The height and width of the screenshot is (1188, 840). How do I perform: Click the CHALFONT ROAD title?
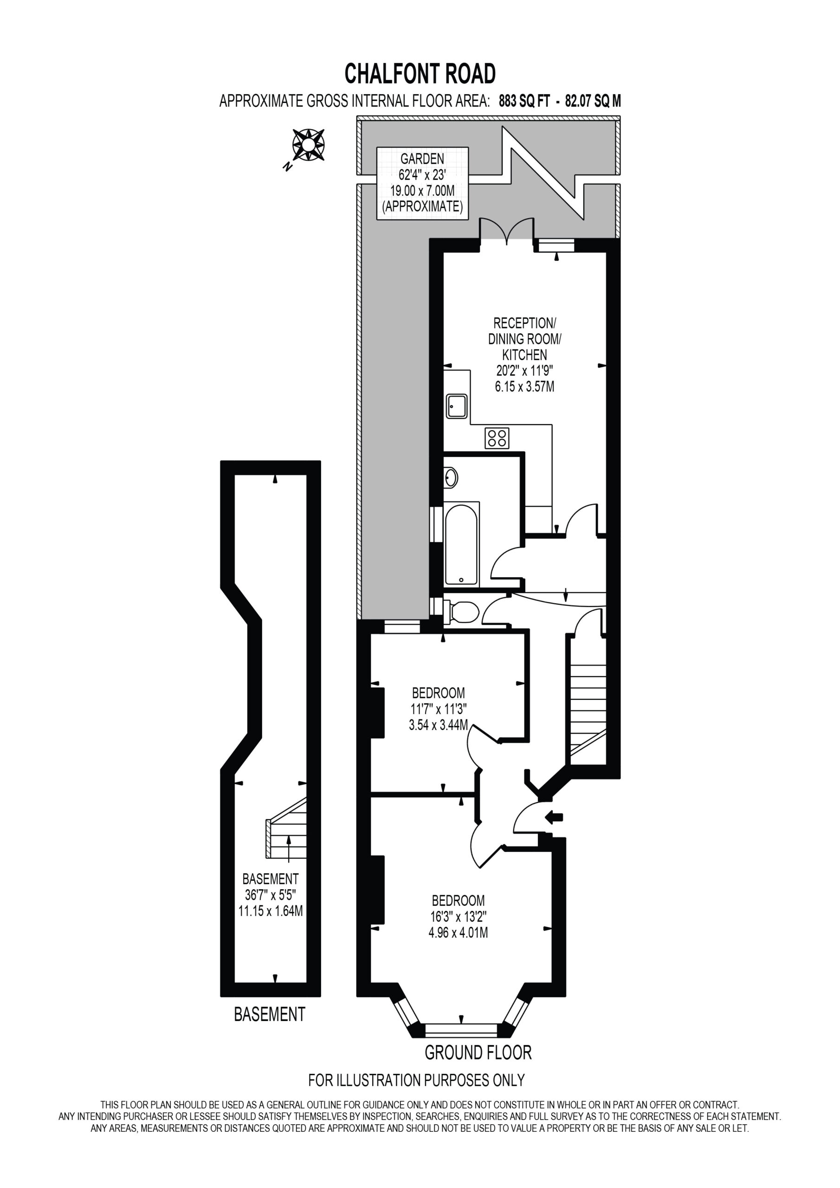coord(420,73)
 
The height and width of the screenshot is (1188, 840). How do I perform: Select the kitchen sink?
coord(456,407)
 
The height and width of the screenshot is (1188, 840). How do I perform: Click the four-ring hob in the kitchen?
coord(497,438)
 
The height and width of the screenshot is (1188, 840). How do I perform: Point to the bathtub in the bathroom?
coord(462,544)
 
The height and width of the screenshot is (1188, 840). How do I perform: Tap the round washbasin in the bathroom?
coord(451,478)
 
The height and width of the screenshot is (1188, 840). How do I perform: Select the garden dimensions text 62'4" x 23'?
coord(422,175)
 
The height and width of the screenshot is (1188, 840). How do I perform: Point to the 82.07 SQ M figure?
coord(593,101)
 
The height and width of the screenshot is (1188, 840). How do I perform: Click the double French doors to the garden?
coord(507,231)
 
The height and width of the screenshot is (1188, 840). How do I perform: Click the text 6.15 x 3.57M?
coord(524,386)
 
